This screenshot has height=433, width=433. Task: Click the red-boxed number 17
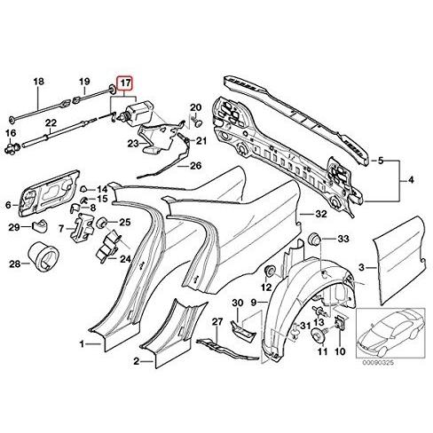tap(126, 83)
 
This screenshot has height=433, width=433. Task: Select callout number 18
tap(38, 82)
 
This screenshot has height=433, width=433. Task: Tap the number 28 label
tap(14, 264)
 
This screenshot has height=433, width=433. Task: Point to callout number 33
tap(343, 239)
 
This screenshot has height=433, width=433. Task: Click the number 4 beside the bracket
tap(411, 180)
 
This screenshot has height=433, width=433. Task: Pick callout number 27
tap(217, 322)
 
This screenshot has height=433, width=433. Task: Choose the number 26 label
tap(195, 166)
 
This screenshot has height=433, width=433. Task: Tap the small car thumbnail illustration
tap(390, 333)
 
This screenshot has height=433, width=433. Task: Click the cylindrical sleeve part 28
tap(43, 256)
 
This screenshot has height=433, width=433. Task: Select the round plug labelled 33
tap(314, 239)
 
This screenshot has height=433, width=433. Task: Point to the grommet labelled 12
tap(270, 271)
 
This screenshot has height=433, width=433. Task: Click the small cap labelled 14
tap(83, 189)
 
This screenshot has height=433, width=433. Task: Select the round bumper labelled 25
tap(102, 223)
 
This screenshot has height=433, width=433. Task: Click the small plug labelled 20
tap(199, 122)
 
